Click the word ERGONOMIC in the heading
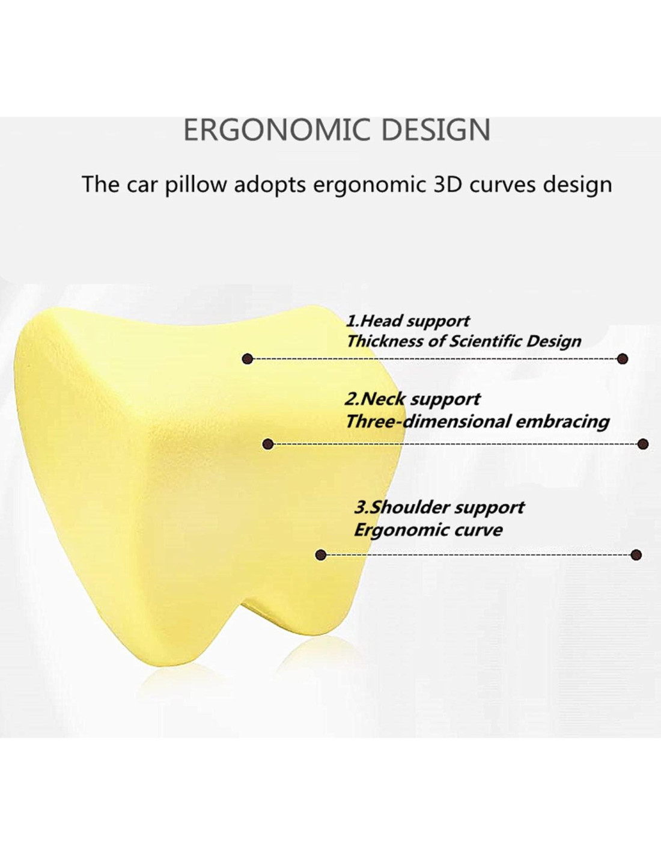pyautogui.click(x=277, y=130)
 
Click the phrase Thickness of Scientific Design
pyautogui.click(x=464, y=341)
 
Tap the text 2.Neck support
pyautogui.click(x=412, y=399)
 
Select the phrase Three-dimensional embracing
pyautogui.click(x=477, y=422)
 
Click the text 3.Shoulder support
pyautogui.click(x=439, y=507)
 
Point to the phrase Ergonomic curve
pyautogui.click(x=428, y=530)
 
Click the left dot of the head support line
pyautogui.click(x=248, y=359)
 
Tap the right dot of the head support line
pyautogui.click(x=622, y=359)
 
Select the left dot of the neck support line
pyautogui.click(x=268, y=444)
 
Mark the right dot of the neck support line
pyautogui.click(x=643, y=444)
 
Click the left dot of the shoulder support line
pyautogui.click(x=321, y=555)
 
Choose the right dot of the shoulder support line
pyautogui.click(x=636, y=555)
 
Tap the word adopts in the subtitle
pyautogui.click(x=270, y=184)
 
